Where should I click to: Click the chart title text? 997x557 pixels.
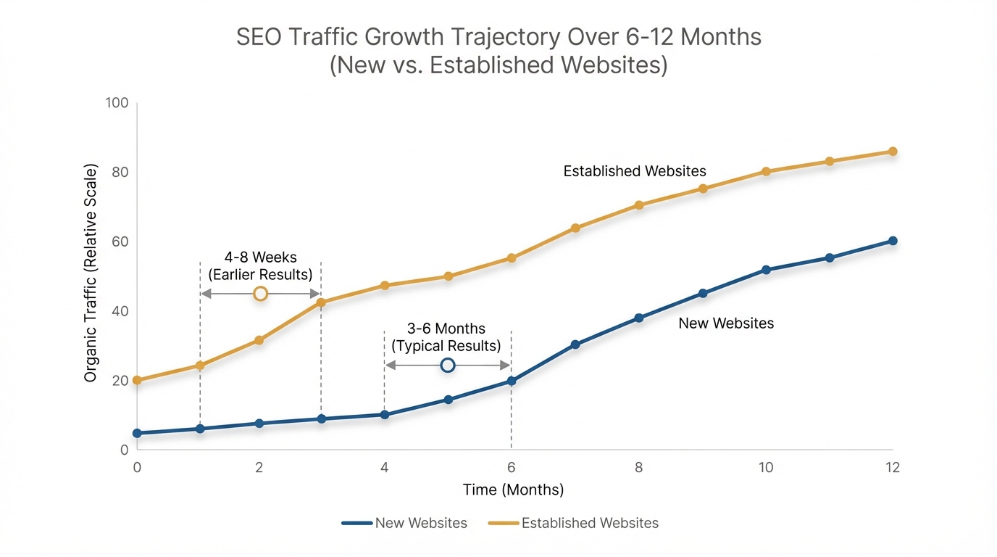[498, 50]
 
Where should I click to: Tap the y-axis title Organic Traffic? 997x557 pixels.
[91, 273]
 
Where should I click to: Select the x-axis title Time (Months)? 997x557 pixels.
[513, 490]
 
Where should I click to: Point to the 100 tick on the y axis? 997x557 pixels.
[117, 103]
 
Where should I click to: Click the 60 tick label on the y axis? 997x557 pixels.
[119, 242]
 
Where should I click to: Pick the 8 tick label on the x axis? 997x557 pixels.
[638, 468]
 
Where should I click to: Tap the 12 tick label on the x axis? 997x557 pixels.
[892, 468]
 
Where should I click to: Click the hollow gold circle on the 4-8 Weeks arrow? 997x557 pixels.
[261, 293]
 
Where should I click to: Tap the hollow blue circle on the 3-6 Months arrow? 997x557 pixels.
[448, 365]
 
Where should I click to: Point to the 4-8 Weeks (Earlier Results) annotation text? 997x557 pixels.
[260, 266]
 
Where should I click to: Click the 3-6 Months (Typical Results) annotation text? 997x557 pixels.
[446, 337]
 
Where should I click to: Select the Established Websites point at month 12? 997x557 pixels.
[893, 152]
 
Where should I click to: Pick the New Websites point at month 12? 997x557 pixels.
[893, 241]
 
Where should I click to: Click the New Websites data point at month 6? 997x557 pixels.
[512, 381]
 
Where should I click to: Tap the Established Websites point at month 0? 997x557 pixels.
[137, 380]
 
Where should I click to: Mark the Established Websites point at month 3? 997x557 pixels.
[321, 302]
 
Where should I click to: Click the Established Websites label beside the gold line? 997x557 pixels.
[635, 171]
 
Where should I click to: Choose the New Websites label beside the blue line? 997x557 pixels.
[726, 323]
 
